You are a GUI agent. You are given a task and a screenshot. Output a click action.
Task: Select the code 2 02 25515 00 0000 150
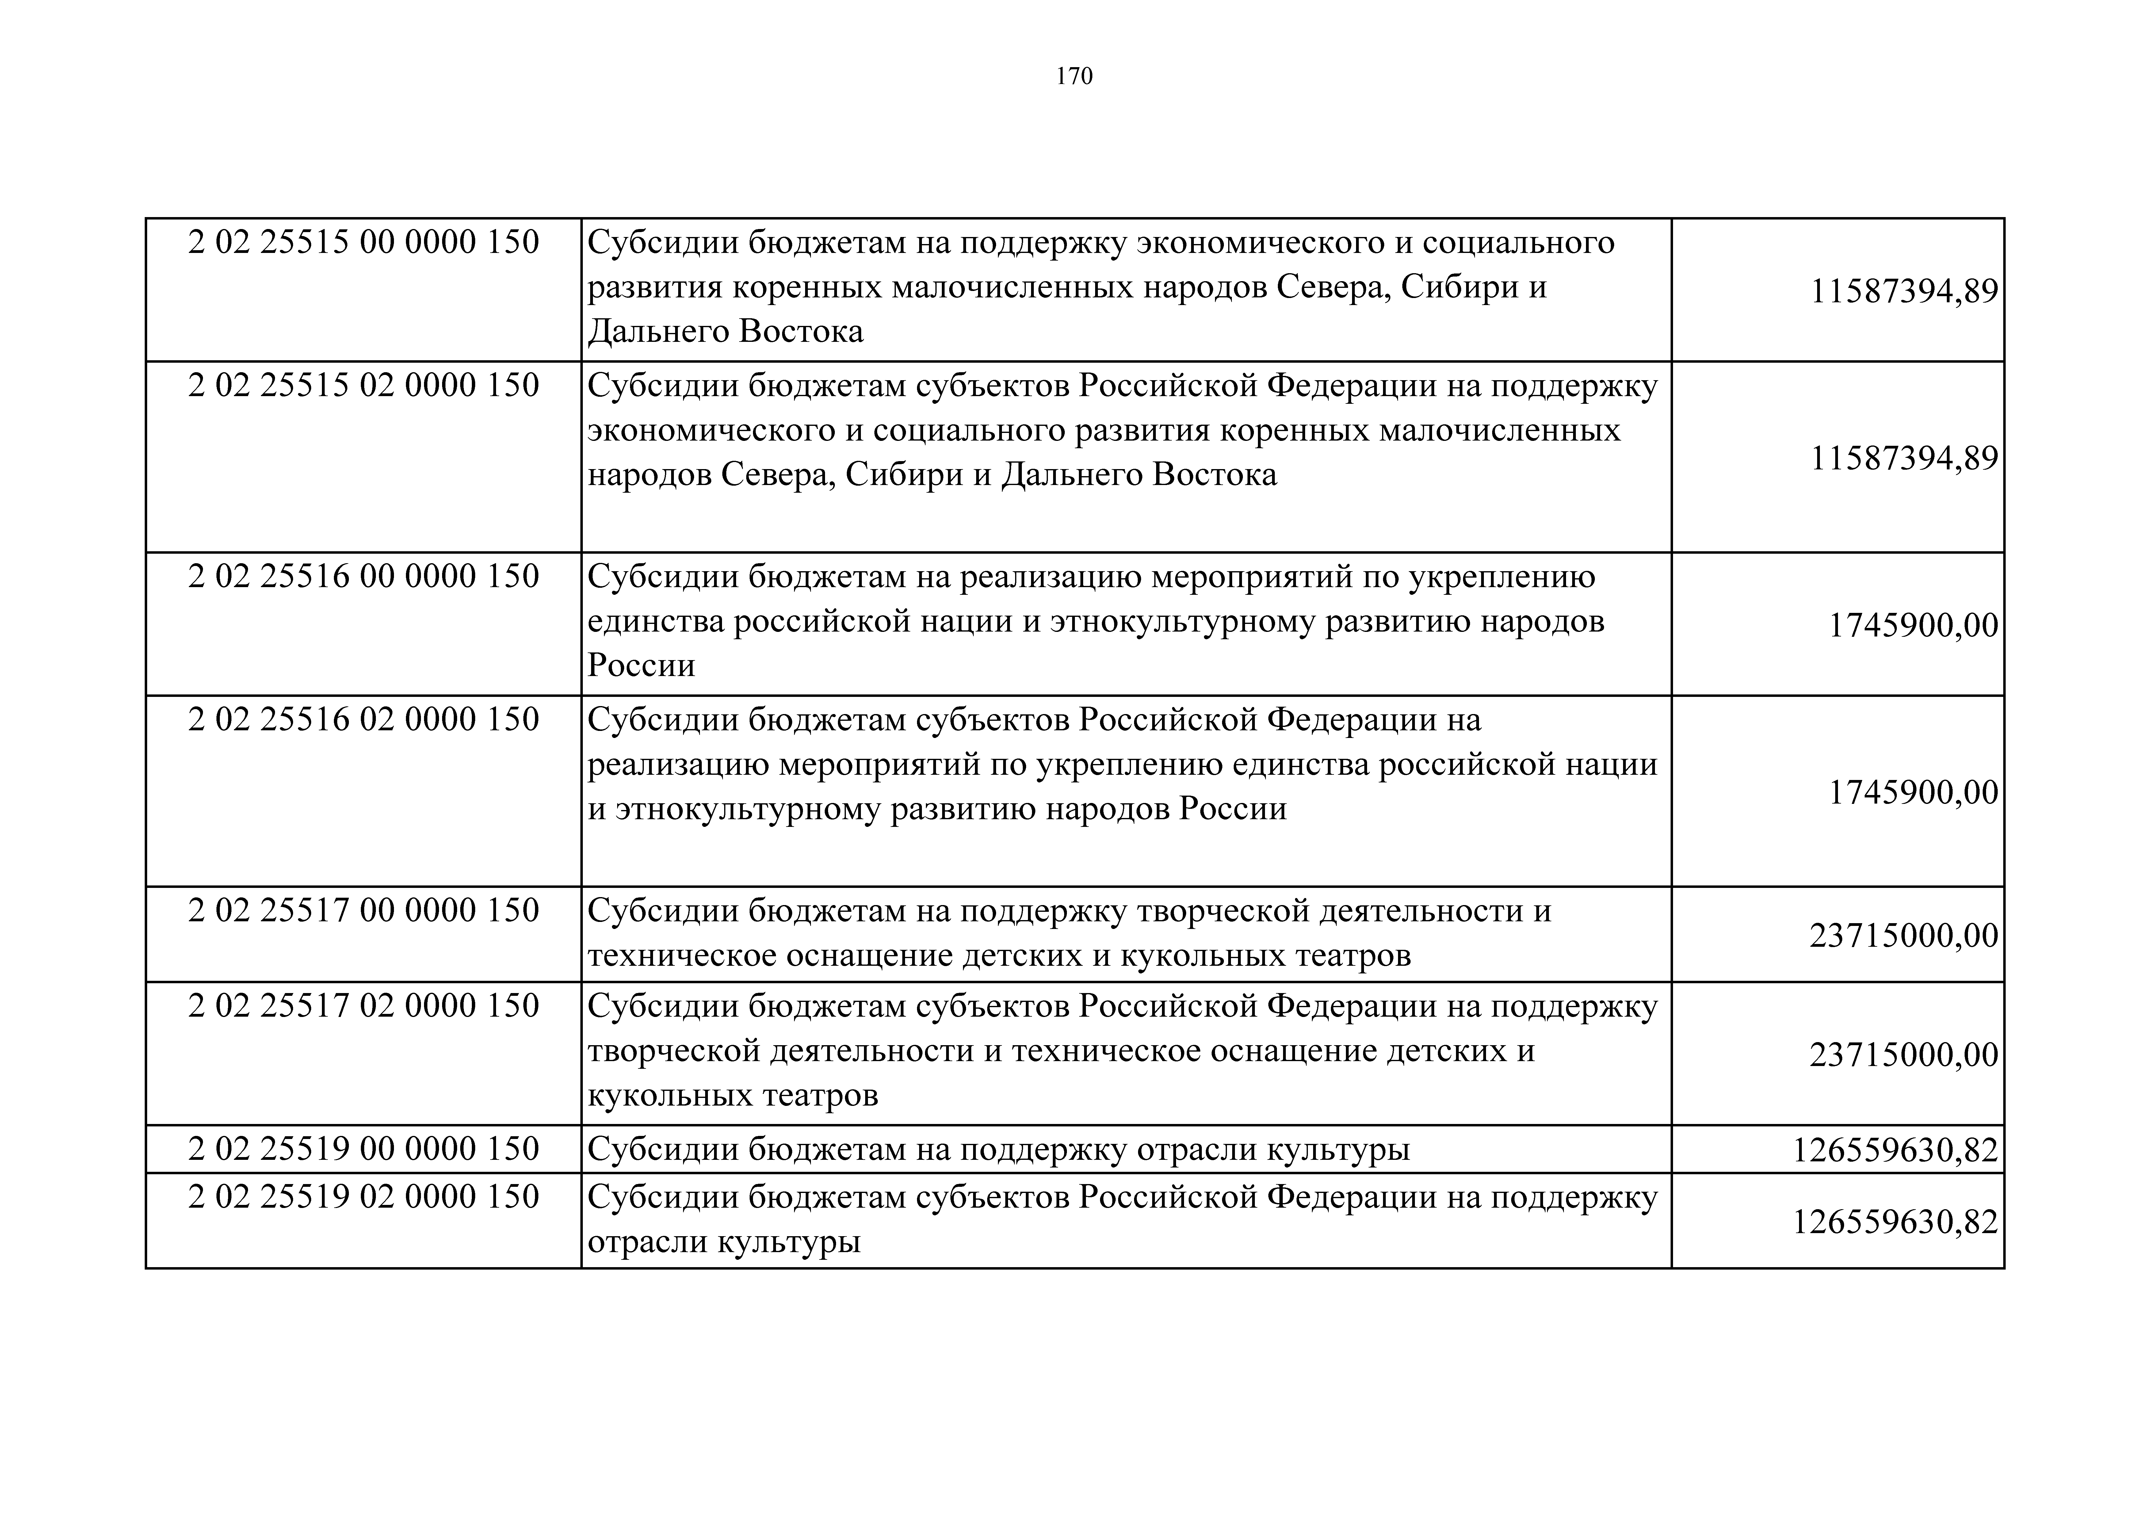(364, 243)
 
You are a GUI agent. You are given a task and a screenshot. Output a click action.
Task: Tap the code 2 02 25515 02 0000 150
(364, 385)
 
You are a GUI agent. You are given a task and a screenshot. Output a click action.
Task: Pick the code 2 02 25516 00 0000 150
(364, 576)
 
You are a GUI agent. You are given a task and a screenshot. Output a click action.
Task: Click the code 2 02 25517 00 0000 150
(364, 910)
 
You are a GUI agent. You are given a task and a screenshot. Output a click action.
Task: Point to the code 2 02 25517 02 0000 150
(364, 1006)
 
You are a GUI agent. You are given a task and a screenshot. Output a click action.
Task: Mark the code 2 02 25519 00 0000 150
(364, 1149)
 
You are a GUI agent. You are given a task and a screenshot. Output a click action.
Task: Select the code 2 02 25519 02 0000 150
(364, 1197)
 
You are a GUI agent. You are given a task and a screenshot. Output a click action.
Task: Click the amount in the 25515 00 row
(1904, 292)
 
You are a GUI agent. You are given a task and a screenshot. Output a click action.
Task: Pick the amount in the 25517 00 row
(1904, 935)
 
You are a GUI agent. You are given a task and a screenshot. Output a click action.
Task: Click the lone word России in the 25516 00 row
(641, 665)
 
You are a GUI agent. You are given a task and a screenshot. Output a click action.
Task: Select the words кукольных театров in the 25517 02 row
(733, 1095)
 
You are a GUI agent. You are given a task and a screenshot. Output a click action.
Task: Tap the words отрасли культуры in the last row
(723, 1243)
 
